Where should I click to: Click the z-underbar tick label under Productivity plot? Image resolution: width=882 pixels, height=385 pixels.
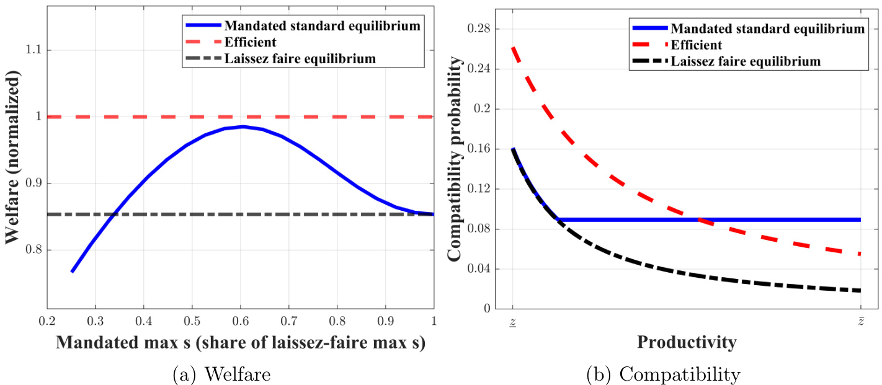click(x=513, y=324)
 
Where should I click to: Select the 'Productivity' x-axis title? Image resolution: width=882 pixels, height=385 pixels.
click(x=687, y=342)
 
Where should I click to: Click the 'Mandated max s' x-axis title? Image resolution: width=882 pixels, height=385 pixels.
click(x=240, y=344)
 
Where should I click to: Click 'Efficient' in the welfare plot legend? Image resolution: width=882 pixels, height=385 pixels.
click(x=251, y=43)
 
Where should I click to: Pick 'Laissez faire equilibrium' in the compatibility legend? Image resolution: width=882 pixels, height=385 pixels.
click(x=756, y=61)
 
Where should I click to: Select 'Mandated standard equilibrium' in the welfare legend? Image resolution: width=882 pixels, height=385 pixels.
click(x=323, y=26)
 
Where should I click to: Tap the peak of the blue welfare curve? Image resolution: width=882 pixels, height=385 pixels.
click(x=376, y=126)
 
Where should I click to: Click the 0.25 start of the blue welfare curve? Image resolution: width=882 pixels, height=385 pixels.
click(x=72, y=272)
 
